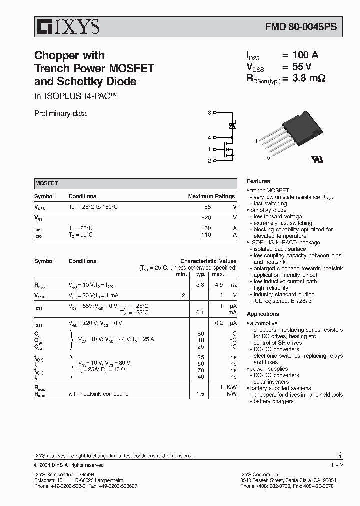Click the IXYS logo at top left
67,27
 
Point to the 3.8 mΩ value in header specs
303,78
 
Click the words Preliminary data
60,113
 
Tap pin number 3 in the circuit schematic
209,113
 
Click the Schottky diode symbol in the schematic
232,125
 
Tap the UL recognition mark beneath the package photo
316,158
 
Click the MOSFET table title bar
135,183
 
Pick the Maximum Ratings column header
211,197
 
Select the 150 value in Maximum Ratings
206,228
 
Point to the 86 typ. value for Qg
201,333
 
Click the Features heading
258,181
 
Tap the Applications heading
263,314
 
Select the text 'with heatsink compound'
98,394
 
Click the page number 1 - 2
337,465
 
